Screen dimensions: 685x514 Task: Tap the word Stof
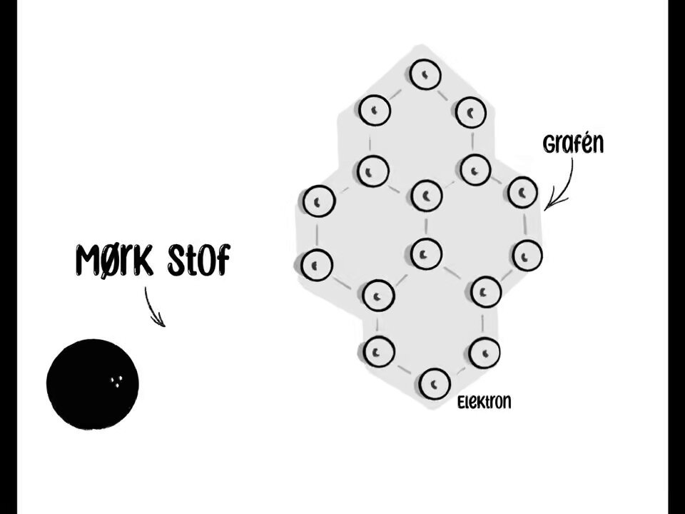pos(198,261)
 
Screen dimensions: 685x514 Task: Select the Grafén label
pos(573,143)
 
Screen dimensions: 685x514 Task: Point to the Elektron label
pos(484,402)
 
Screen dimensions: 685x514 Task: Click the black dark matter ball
pos(93,384)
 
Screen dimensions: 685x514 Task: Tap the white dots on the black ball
pos(116,381)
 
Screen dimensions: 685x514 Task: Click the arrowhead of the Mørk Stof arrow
pos(160,321)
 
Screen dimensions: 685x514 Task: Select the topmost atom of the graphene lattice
pos(425,74)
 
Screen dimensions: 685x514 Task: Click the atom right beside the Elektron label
pos(435,383)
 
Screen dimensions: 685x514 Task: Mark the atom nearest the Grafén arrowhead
pos(523,192)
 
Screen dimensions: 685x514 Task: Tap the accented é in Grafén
pos(584,143)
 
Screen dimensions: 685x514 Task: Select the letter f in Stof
pos(222,261)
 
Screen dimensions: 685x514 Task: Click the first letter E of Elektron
pos(462,403)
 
